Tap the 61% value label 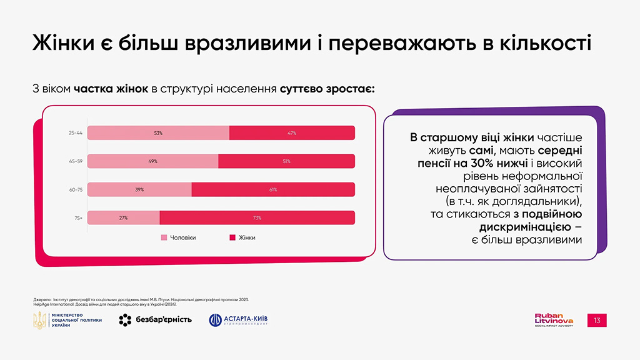click(273, 189)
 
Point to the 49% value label click(152, 161)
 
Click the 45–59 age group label click(76, 161)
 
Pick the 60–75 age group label click(76, 189)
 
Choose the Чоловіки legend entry click(179, 237)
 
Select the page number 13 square click(597, 321)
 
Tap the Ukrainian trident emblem click(40, 320)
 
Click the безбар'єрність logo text click(164, 320)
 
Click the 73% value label click(257, 217)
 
